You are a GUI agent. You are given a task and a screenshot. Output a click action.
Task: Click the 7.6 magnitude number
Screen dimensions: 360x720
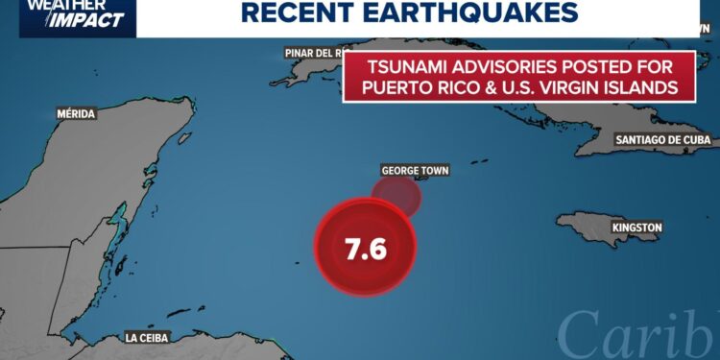(x=365, y=249)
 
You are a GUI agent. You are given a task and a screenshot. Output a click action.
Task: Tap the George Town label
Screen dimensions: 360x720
(x=415, y=171)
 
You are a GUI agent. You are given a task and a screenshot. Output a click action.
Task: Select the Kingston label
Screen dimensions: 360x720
(x=636, y=228)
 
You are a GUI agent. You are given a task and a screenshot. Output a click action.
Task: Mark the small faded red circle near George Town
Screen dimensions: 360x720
(x=397, y=195)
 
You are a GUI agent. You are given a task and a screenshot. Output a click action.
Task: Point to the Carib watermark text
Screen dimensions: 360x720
(x=637, y=334)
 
